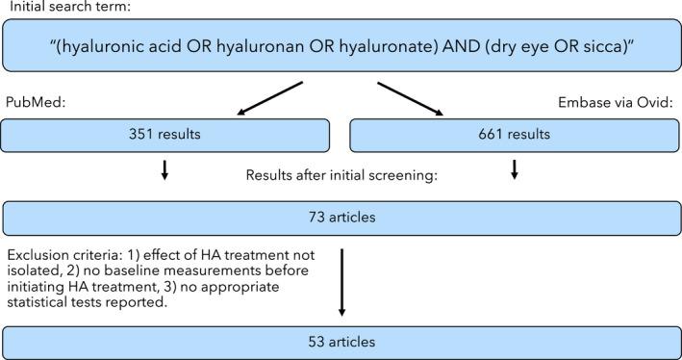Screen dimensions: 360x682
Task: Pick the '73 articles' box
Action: pos(340,218)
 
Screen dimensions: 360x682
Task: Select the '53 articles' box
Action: pos(340,343)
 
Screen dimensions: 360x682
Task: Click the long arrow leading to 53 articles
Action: pos(341,284)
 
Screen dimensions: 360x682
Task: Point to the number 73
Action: pos(310,218)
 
